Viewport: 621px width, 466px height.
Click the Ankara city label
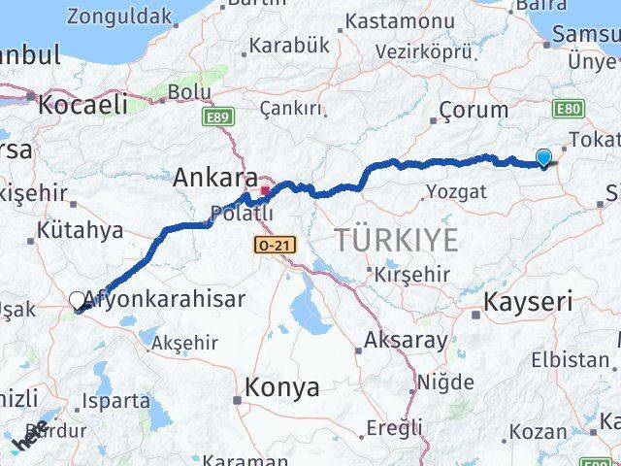coord(214,178)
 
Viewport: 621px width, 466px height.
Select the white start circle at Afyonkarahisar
coord(78,300)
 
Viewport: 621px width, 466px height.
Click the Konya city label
coord(282,387)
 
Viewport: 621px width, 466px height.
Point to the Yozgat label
coord(456,191)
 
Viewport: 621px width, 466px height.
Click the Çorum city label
coord(474,110)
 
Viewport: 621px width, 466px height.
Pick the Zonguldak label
coord(119,16)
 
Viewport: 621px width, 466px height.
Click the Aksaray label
coord(407,341)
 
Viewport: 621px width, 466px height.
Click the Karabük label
coord(290,46)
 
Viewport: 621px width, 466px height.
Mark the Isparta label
coord(117,398)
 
